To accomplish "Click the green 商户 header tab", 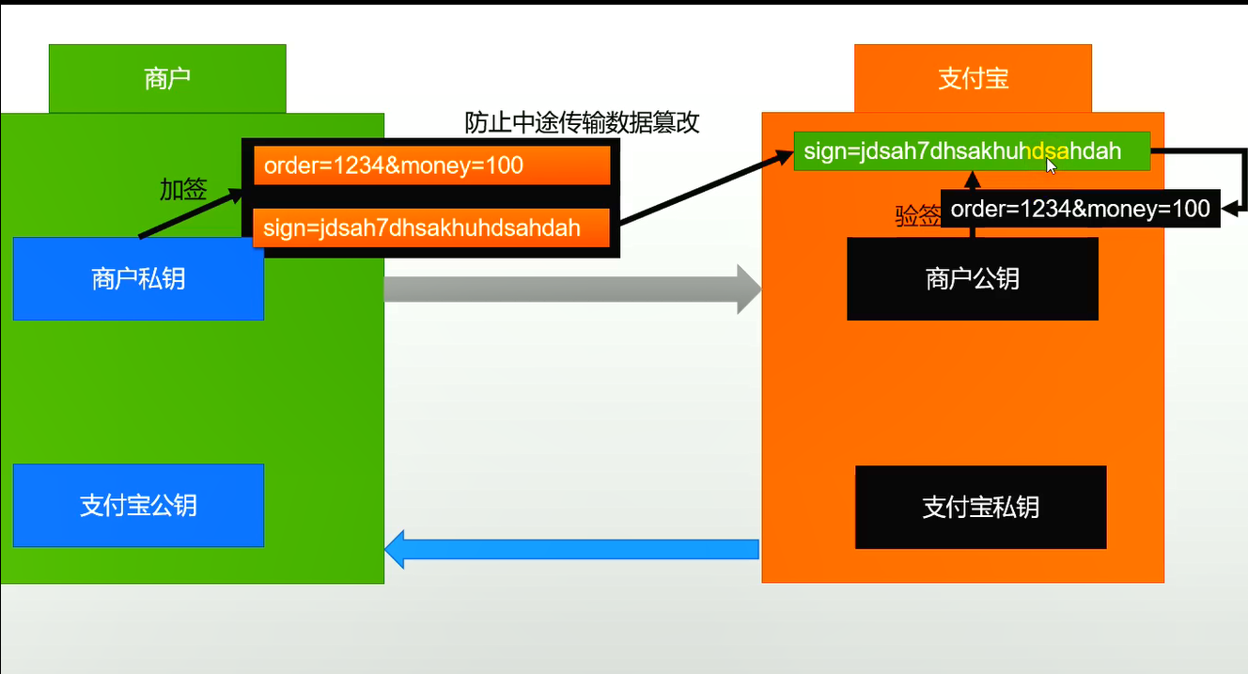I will coord(167,79).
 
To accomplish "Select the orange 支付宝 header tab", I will coord(973,79).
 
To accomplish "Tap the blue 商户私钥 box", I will coord(138,279).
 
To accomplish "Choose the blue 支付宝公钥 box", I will coord(138,506).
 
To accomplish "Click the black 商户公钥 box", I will coord(972,279).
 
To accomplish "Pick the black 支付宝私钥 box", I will coord(980,508).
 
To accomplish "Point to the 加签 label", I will coord(182,190).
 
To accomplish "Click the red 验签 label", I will coord(916,217).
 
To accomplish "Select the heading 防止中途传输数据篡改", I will coord(582,123).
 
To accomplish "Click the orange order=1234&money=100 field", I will coord(431,166).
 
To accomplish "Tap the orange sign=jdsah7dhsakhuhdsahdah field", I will coord(431,227).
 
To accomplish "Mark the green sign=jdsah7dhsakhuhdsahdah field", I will coord(972,150).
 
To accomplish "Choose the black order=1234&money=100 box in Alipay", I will coord(1080,209).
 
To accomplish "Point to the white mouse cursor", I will coord(1051,165).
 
